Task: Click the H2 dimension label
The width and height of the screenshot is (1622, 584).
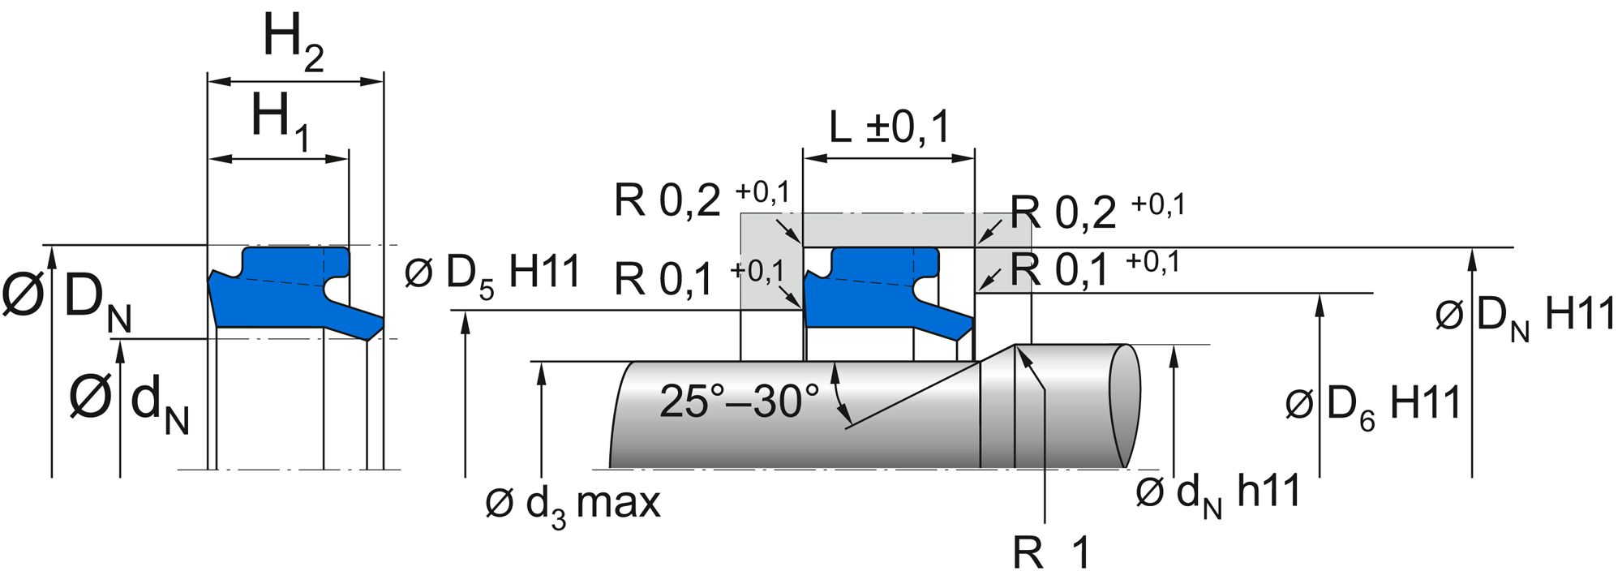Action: pyautogui.click(x=294, y=45)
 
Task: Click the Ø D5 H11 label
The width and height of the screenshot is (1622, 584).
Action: pyautogui.click(x=493, y=273)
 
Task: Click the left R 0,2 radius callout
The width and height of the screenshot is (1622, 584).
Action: pyautogui.click(x=701, y=199)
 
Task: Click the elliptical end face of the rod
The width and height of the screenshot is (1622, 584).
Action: pyautogui.click(x=1124, y=406)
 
